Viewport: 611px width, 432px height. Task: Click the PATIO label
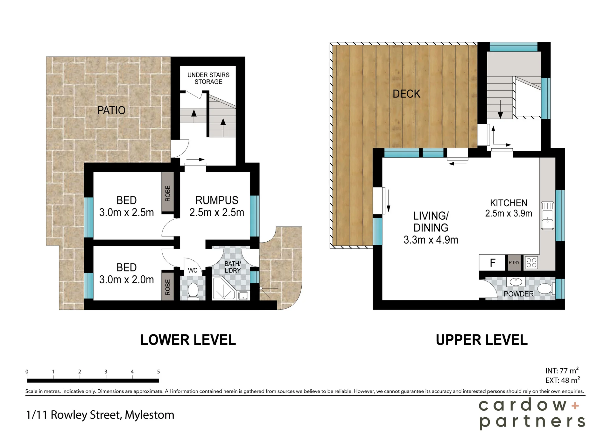point(111,110)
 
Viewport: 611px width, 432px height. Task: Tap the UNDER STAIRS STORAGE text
point(208,78)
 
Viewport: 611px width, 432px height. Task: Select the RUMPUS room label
point(217,200)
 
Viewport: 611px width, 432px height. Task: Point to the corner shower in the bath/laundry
point(223,288)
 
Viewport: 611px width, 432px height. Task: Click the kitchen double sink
point(547,216)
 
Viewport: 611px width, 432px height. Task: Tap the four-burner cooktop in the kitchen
point(531,263)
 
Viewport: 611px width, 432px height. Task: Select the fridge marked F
point(492,263)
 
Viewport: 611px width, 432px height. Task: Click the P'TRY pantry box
point(514,263)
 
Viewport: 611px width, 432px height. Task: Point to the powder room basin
point(516,282)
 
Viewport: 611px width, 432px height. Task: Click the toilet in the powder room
point(547,289)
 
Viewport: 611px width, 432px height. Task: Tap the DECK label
point(406,94)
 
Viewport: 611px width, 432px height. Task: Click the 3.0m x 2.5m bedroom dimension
point(126,212)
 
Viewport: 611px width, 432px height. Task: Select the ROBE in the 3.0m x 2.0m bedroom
point(168,287)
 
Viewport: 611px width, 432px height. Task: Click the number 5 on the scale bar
point(158,372)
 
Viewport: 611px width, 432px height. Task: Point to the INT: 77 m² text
point(562,371)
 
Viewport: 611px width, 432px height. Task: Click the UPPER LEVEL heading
point(481,340)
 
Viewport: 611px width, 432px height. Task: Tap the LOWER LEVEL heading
point(188,340)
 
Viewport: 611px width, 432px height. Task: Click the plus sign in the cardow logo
point(575,406)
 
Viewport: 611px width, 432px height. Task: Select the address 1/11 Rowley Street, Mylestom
point(100,415)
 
